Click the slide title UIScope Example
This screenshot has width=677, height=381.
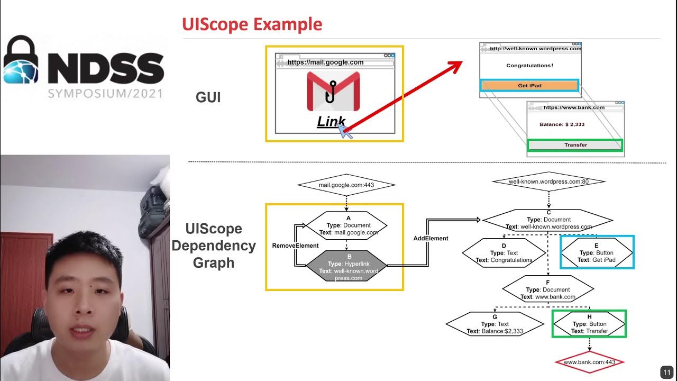(252, 24)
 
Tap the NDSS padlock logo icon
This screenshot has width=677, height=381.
(22, 60)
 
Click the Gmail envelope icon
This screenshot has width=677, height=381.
(333, 91)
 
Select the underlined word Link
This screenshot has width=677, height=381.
(331, 121)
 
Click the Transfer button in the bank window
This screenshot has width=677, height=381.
(575, 145)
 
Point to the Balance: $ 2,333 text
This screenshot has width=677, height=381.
(562, 124)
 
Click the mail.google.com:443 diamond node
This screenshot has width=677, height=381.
(346, 185)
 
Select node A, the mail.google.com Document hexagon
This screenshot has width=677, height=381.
(347, 225)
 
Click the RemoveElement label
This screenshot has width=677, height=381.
(295, 246)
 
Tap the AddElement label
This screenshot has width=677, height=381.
(431, 239)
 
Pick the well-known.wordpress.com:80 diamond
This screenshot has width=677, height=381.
(548, 182)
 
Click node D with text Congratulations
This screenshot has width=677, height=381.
(504, 253)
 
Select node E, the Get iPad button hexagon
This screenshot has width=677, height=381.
(596, 253)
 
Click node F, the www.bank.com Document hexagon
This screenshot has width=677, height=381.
(547, 290)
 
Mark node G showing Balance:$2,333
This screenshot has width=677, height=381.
(495, 324)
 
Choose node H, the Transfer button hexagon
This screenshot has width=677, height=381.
(589, 324)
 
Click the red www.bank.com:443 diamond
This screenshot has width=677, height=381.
(589, 362)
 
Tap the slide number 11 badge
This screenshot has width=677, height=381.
(665, 371)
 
